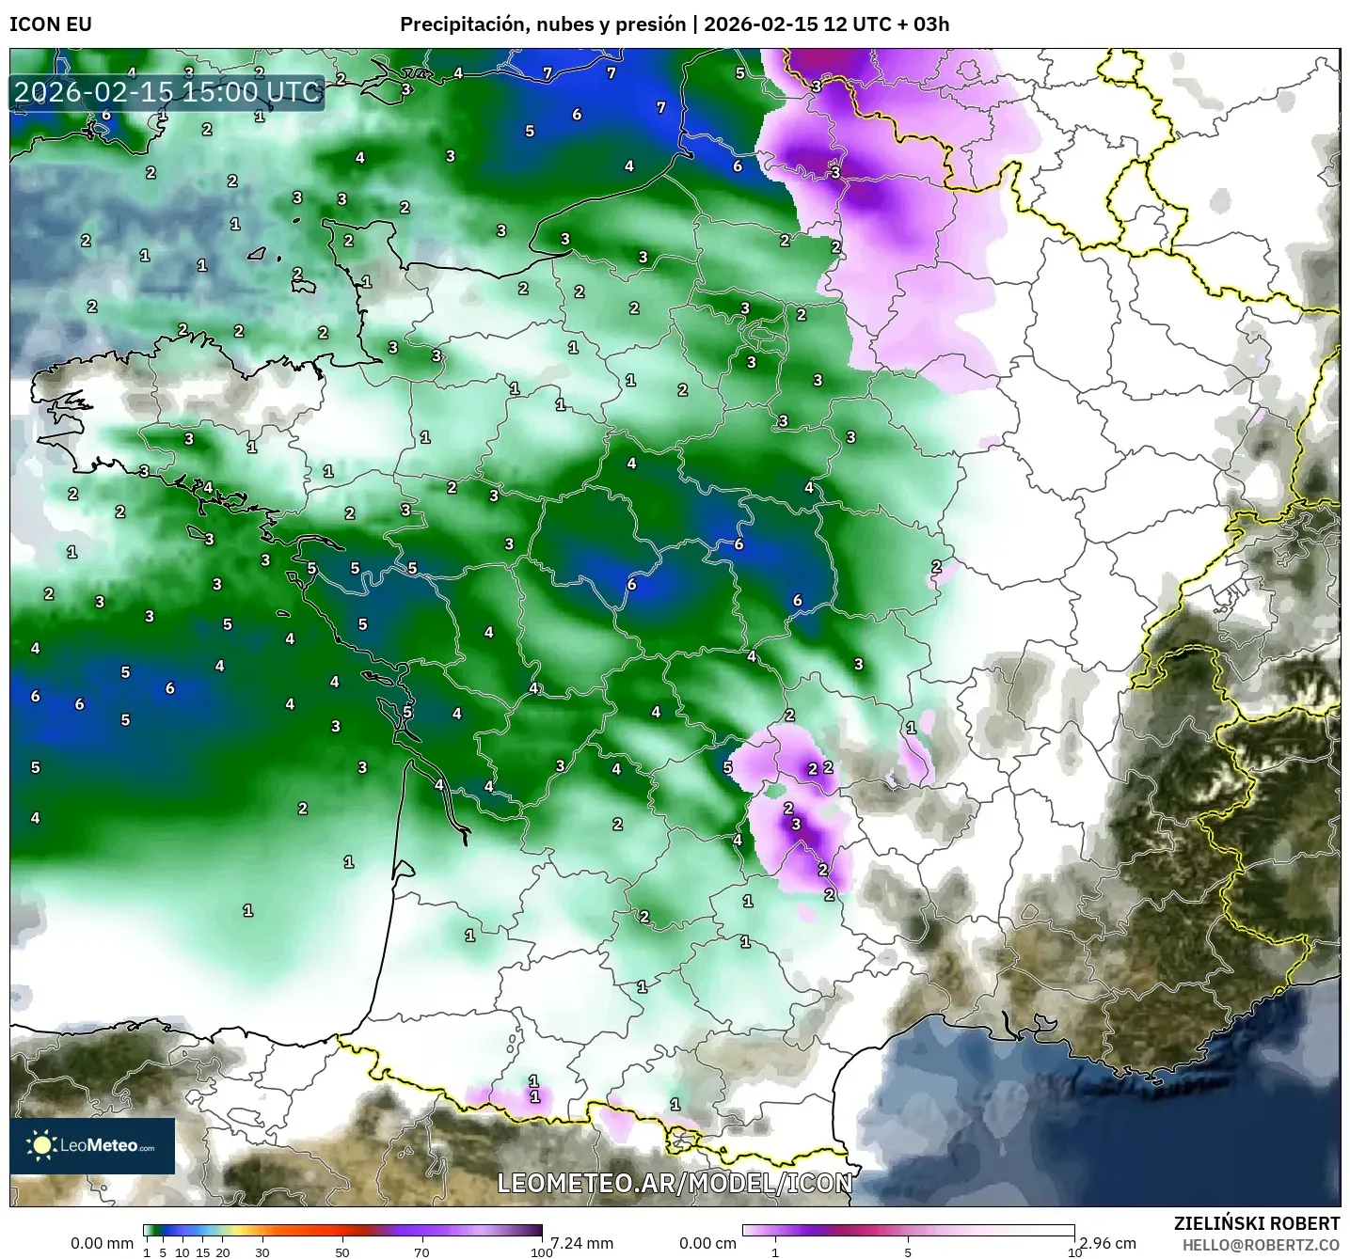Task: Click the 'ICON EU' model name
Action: pos(51,24)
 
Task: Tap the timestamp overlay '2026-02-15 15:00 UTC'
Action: pos(167,92)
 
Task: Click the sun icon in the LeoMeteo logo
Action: pos(42,1145)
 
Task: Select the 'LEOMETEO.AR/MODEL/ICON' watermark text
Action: pos(675,1183)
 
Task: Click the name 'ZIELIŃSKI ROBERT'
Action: pos(1257,1223)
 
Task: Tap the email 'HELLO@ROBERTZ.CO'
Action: pos(1261,1245)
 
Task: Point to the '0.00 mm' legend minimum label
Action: pos(102,1243)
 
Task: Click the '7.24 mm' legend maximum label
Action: pos(581,1243)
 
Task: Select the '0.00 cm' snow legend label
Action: pos(707,1243)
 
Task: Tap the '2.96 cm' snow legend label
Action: pos(1107,1243)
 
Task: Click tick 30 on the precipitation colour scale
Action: pos(262,1251)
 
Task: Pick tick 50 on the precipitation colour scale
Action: pos(342,1251)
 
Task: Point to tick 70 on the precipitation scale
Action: pos(421,1251)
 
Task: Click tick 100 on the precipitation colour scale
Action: pos(541,1251)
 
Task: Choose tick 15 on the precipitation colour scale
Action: pos(202,1251)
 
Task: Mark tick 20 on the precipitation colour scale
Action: pos(223,1251)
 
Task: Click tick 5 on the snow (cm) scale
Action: pos(908,1251)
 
